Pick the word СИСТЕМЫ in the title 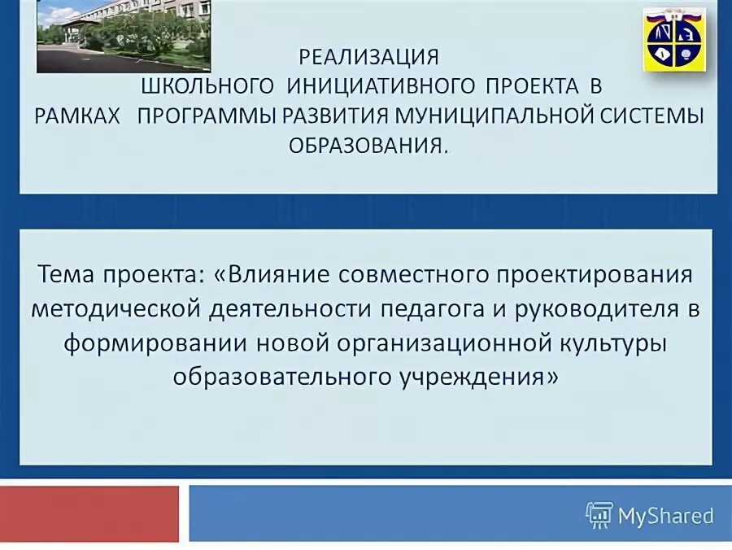click(656, 116)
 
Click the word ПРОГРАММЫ click(207, 116)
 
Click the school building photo click(124, 36)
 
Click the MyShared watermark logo click(649, 515)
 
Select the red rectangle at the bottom click(89, 514)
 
